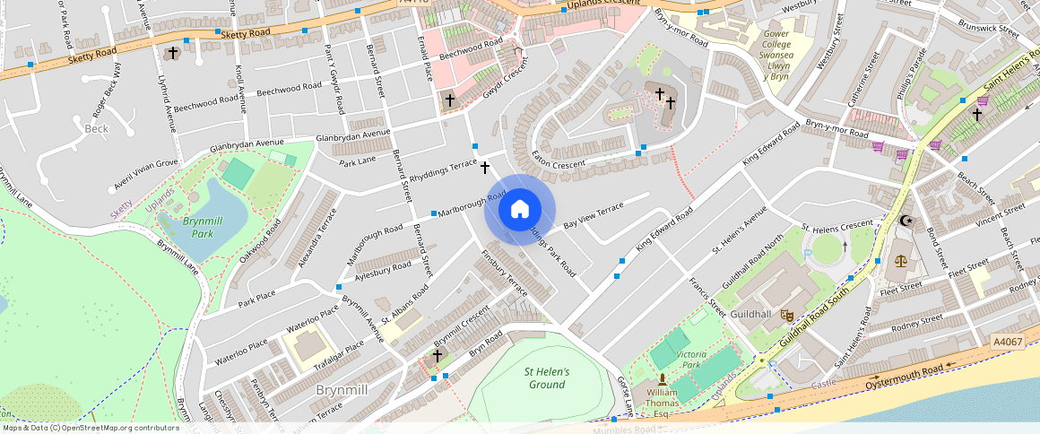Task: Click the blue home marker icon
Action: pos(519,210)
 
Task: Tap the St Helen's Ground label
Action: pos(547,378)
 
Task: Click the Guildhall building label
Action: pos(751,315)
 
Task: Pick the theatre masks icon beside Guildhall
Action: pos(786,315)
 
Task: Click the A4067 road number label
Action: pos(1008,342)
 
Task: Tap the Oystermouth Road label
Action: pos(904,378)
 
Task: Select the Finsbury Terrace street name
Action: pos(505,270)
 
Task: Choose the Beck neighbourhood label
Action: pos(96,129)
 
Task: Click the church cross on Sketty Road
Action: pos(173,53)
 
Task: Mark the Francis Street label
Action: pos(707,297)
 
